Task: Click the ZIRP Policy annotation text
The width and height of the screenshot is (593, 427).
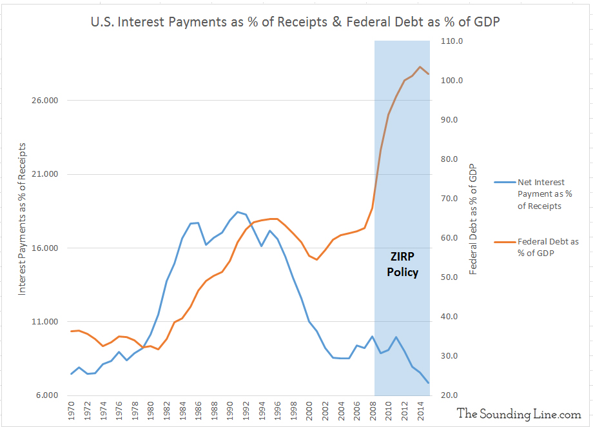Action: tap(402, 263)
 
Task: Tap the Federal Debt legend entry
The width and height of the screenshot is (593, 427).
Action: tap(548, 247)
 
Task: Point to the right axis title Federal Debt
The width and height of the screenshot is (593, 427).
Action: tap(473, 219)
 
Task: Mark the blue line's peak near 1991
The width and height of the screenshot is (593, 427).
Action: tap(238, 212)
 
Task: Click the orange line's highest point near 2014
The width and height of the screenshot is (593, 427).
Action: tap(420, 67)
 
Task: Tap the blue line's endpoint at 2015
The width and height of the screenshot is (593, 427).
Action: tap(429, 383)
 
